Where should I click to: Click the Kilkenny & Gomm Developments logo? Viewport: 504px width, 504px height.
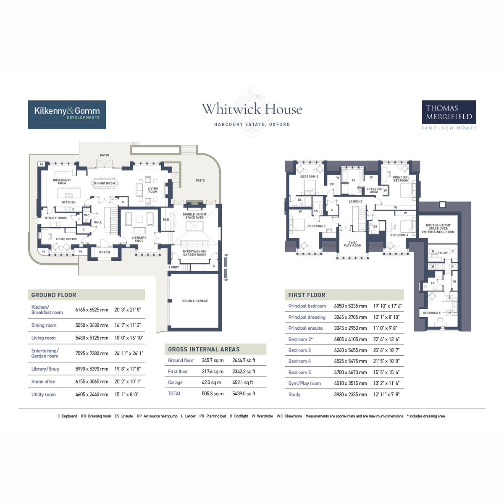(x=67, y=114)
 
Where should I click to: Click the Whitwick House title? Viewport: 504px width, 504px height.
(x=252, y=110)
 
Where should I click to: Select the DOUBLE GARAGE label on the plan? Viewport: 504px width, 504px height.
(x=195, y=301)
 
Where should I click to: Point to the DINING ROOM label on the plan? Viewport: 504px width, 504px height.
(x=105, y=184)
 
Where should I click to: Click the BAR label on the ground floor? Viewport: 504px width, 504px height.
(x=166, y=220)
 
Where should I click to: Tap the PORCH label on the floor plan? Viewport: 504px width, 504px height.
(x=105, y=252)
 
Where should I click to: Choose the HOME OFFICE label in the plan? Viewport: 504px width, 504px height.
(x=66, y=239)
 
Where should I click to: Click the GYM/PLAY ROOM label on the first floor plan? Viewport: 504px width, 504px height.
(x=352, y=244)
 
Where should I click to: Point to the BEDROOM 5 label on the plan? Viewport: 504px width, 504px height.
(x=431, y=313)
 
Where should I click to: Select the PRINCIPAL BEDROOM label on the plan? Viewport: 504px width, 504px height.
(x=401, y=179)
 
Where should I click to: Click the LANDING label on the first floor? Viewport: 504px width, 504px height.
(x=355, y=202)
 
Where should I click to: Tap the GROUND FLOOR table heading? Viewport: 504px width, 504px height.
(x=54, y=295)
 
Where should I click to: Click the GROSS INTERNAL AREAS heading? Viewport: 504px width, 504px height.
(x=204, y=349)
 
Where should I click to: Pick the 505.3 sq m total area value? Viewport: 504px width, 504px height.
(x=213, y=394)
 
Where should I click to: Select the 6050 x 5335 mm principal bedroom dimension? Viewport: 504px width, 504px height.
(x=350, y=306)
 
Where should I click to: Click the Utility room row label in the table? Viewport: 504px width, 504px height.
(x=43, y=394)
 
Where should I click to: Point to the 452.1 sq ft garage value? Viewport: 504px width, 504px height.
(x=243, y=383)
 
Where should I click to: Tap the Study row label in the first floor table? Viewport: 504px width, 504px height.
(x=294, y=394)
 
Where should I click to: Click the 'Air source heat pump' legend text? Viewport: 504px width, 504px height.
(x=160, y=416)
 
